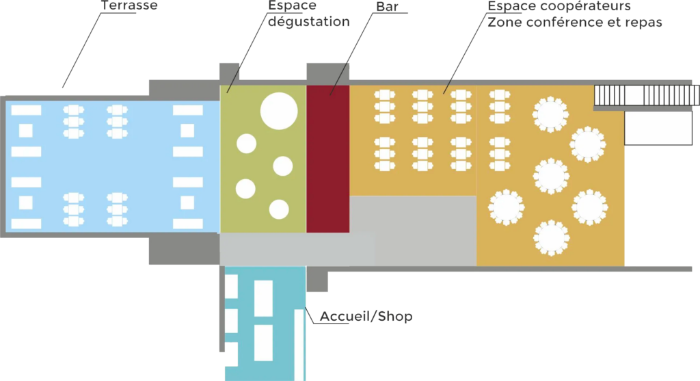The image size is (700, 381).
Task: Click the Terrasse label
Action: pyautogui.click(x=129, y=5)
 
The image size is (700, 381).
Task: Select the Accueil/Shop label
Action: pyautogui.click(x=366, y=317)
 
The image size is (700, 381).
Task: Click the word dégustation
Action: pyautogui.click(x=308, y=21)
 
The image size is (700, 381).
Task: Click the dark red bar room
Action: pyautogui.click(x=327, y=159)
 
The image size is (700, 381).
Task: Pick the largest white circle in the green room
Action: pyautogui.click(x=279, y=110)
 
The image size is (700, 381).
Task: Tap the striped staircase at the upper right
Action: pyautogui.click(x=646, y=96)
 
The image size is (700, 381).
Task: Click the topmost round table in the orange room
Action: pyautogui.click(x=551, y=115)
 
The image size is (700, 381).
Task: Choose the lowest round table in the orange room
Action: pyautogui.click(x=551, y=237)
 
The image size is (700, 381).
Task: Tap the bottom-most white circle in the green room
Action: pyautogui.click(x=278, y=209)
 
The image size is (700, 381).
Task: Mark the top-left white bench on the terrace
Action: pyautogui.click(x=26, y=109)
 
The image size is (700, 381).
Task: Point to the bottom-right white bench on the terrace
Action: pyautogui.click(x=188, y=224)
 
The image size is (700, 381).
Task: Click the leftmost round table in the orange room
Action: pyautogui.click(x=505, y=207)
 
